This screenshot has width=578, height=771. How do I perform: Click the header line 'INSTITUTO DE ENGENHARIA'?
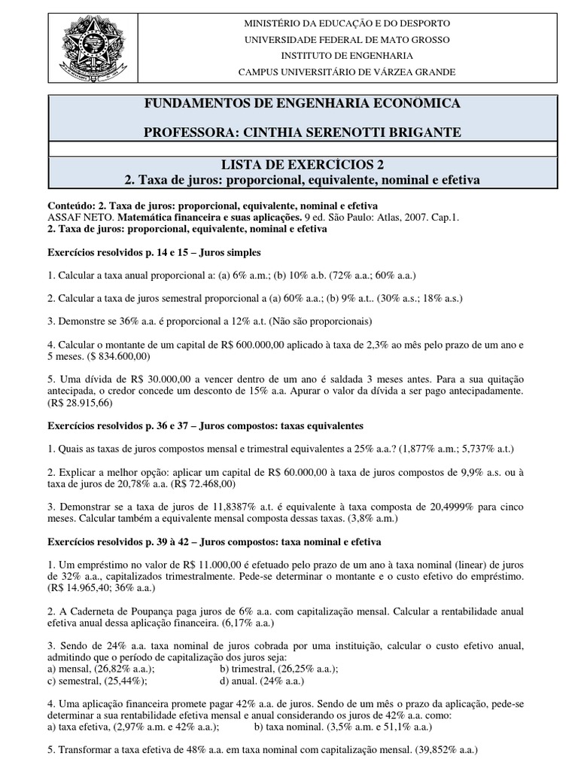(x=347, y=56)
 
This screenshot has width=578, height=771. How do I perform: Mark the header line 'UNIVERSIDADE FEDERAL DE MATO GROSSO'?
(x=347, y=40)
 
